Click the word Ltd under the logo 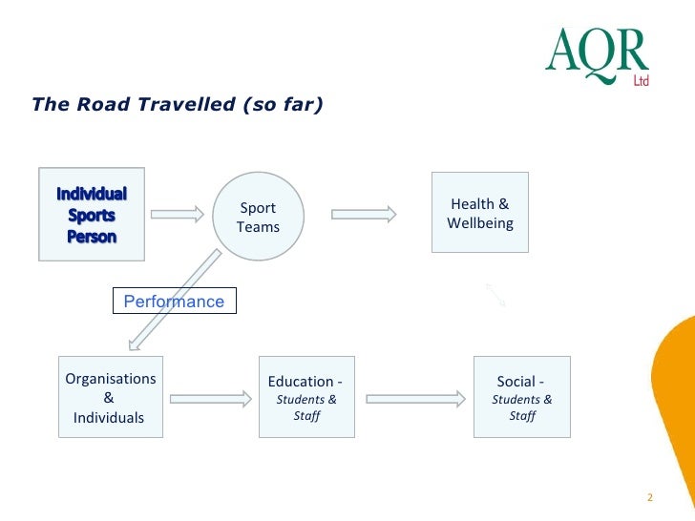coord(641,82)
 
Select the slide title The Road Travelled coord(177,104)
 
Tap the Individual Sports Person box coord(91,214)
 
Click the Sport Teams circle coord(258,217)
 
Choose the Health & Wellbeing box coord(479,213)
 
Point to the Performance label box coord(174,302)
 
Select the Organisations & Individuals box coord(109,398)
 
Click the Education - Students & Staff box coord(306,398)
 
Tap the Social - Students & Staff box coord(521,398)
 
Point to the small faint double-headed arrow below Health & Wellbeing coord(495,295)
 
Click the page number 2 coord(649,497)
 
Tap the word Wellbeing coord(479,223)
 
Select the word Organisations coord(110,379)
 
